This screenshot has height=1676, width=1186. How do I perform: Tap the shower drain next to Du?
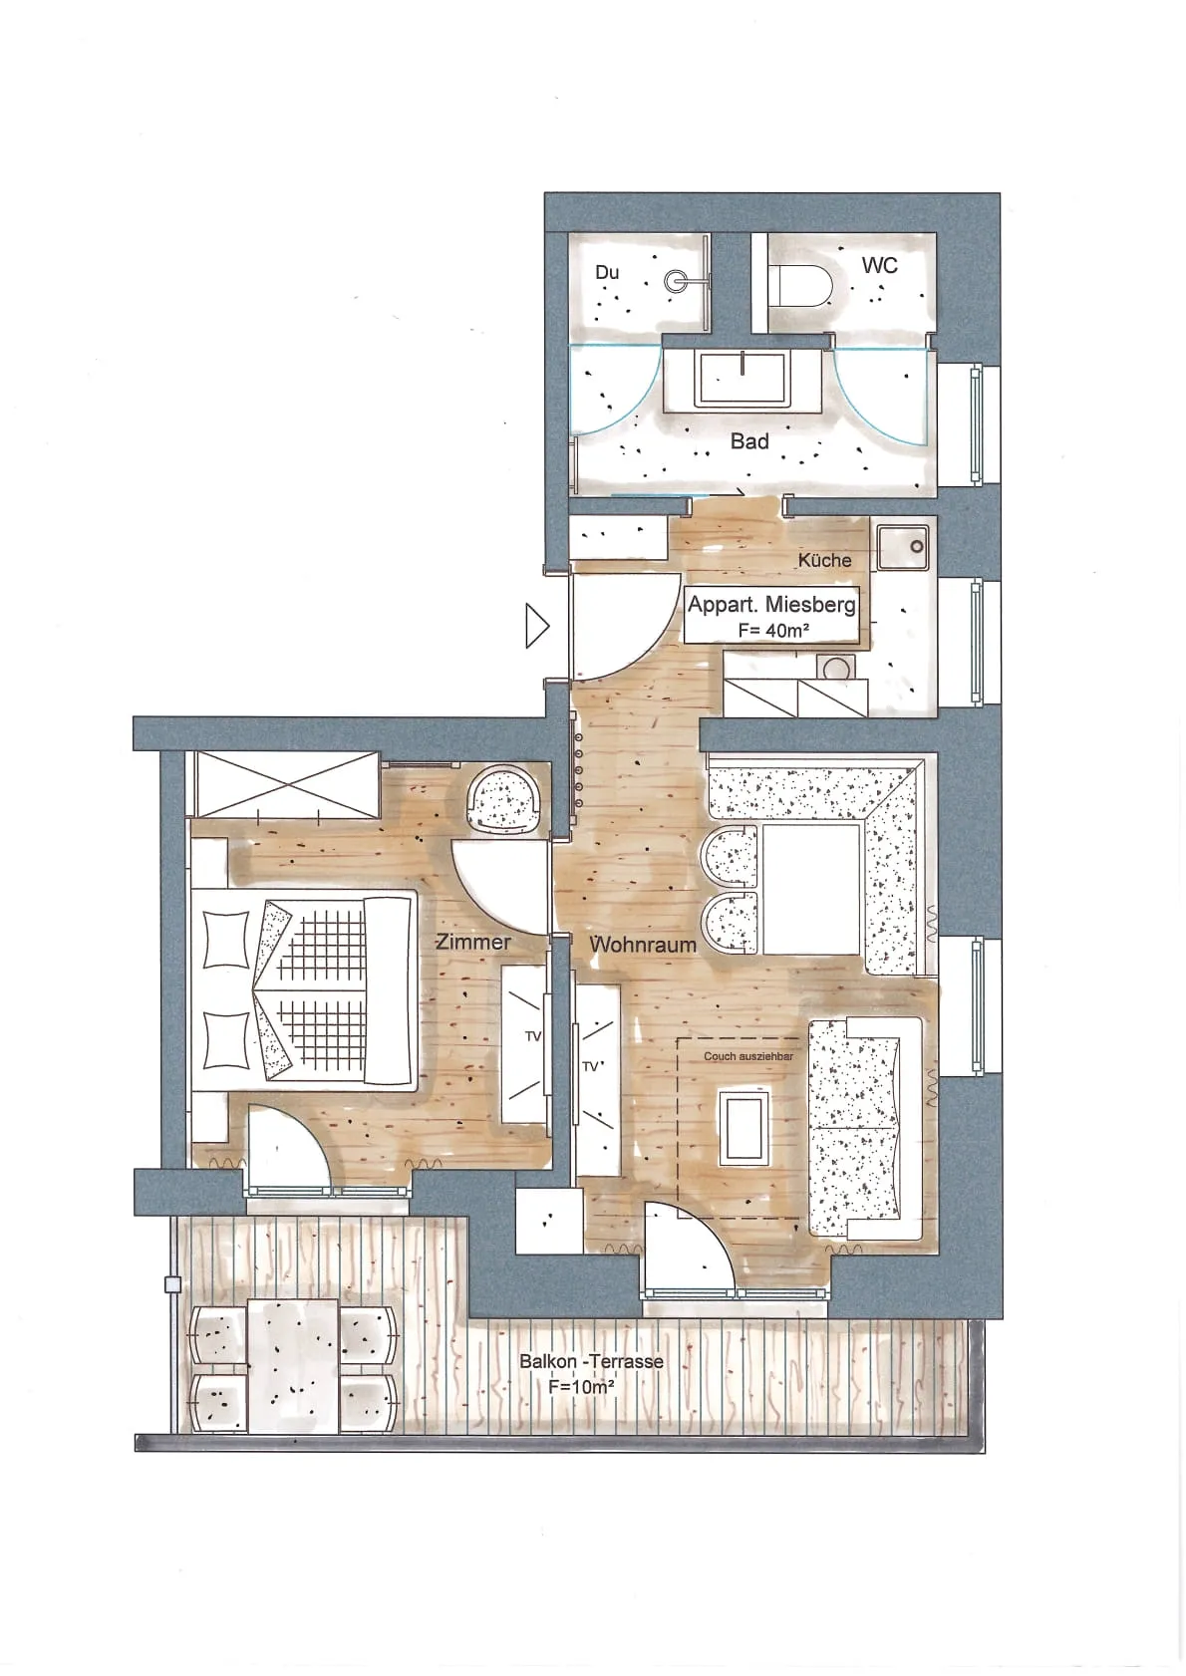pyautogui.click(x=674, y=281)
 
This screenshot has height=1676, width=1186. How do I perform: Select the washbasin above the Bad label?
pyautogui.click(x=741, y=378)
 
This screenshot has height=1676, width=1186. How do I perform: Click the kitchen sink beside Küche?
pyautogui.click(x=903, y=547)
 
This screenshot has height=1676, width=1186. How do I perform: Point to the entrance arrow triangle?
pyautogui.click(x=536, y=625)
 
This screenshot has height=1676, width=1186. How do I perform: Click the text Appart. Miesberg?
pyautogui.click(x=770, y=604)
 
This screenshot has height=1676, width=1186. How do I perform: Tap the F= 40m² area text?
pyautogui.click(x=773, y=631)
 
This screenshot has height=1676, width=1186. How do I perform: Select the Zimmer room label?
pyautogui.click(x=472, y=942)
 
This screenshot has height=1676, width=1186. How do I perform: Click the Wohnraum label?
pyautogui.click(x=643, y=945)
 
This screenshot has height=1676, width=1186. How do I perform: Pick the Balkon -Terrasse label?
pyautogui.click(x=591, y=1361)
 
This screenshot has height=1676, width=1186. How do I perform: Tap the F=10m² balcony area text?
pyautogui.click(x=581, y=1386)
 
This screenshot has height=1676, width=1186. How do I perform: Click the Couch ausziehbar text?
pyautogui.click(x=748, y=1056)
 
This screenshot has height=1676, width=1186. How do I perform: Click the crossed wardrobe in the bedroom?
pyautogui.click(x=284, y=785)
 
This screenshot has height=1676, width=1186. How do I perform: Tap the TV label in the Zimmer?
pyautogui.click(x=533, y=1036)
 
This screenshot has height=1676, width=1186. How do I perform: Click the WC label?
pyautogui.click(x=879, y=265)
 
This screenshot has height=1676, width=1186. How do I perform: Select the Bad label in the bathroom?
pyautogui.click(x=749, y=441)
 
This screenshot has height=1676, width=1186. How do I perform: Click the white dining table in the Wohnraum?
pyautogui.click(x=811, y=889)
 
